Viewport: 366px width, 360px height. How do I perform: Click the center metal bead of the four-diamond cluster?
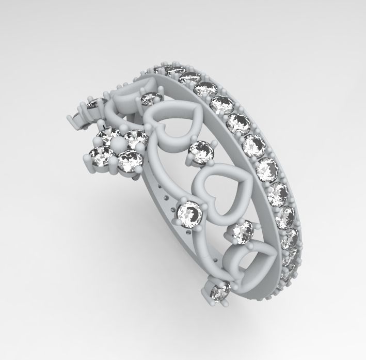(118, 145)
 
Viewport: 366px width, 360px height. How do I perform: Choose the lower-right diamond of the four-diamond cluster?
(129, 161)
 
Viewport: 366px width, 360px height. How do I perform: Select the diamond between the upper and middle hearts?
(201, 152)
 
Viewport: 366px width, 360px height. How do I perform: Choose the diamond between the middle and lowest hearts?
(242, 232)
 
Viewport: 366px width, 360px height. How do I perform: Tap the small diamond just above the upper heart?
(150, 98)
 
